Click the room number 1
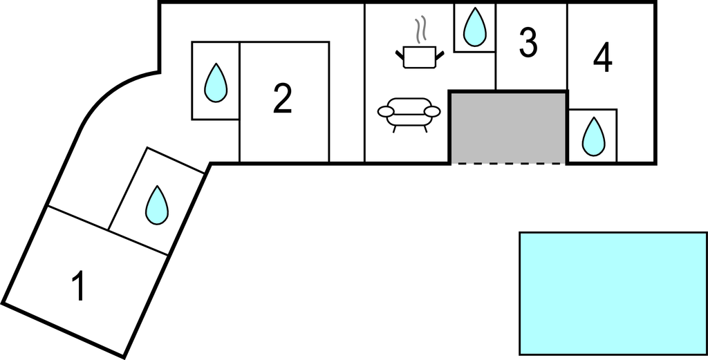(x=80, y=286)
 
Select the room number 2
(x=282, y=99)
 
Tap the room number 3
(x=528, y=44)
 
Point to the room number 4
(x=603, y=58)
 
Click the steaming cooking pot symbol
(x=419, y=55)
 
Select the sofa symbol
(x=409, y=113)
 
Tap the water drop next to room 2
(x=216, y=83)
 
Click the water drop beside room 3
(x=474, y=28)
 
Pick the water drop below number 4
(x=593, y=136)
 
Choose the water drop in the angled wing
(x=157, y=205)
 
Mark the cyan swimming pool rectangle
(x=613, y=293)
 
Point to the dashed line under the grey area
(x=508, y=164)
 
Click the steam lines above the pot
(x=420, y=30)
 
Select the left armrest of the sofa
(x=385, y=111)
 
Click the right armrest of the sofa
(x=433, y=111)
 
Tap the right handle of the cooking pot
(x=438, y=53)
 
